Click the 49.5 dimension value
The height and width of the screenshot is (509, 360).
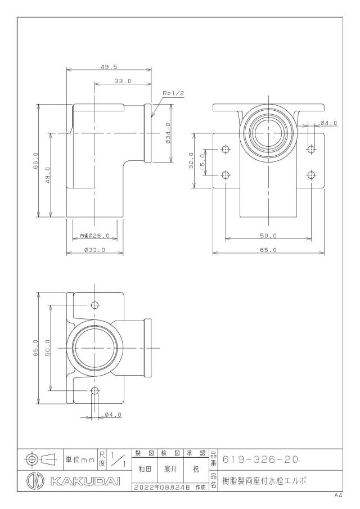109,67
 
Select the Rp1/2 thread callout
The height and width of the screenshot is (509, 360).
173,93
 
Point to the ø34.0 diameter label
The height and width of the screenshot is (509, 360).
168,133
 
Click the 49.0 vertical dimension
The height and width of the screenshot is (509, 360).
47,175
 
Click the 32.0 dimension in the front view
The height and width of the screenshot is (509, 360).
191,161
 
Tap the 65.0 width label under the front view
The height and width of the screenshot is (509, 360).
268,250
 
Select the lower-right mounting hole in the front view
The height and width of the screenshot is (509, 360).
311,175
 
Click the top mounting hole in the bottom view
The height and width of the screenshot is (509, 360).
95,305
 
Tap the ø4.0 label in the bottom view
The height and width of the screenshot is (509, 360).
113,415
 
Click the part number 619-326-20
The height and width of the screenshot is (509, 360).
260,460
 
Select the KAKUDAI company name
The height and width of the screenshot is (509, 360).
85,481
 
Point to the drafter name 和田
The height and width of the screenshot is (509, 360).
145,470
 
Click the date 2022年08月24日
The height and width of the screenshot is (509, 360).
161,487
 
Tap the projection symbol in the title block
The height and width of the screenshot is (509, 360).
40,459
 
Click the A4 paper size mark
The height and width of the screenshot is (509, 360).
339,496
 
